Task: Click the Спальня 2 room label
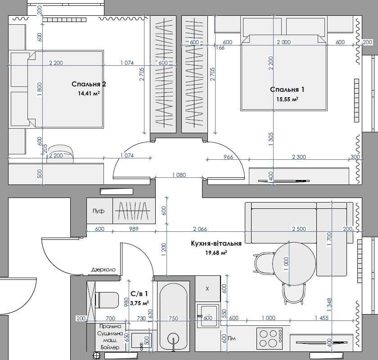(x=89, y=84)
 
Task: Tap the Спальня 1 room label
(x=287, y=90)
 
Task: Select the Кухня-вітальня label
(x=216, y=243)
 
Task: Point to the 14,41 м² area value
(x=89, y=93)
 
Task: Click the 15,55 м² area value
(x=287, y=99)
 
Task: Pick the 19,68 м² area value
(x=216, y=253)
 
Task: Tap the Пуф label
(x=99, y=211)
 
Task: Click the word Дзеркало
(x=103, y=270)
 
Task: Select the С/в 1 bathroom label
(x=139, y=294)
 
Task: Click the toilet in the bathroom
(x=107, y=300)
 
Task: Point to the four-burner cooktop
(x=270, y=338)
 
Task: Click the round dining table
(x=294, y=264)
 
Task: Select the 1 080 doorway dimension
(x=179, y=175)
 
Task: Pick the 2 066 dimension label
(x=200, y=229)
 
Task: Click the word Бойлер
(x=110, y=347)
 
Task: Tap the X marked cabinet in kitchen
(x=207, y=288)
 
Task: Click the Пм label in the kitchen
(x=232, y=338)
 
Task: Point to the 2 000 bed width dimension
(x=284, y=42)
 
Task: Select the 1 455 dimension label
(x=322, y=318)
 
